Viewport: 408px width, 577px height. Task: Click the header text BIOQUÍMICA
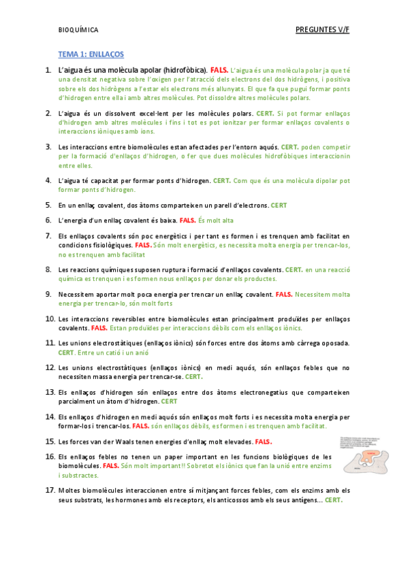pos(78,30)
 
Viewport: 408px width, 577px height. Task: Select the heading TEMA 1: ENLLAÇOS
pos(91,54)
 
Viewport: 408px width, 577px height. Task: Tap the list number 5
pos(48,204)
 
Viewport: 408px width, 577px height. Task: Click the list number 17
pos(50,490)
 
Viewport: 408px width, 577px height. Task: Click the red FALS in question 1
pos(219,70)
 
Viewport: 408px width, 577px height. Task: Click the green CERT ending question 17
pos(334,500)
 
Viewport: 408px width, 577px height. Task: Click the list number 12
pos(50,367)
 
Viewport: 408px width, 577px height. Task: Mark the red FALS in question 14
pos(140,426)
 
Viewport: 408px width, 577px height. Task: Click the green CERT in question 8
pos(294,269)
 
